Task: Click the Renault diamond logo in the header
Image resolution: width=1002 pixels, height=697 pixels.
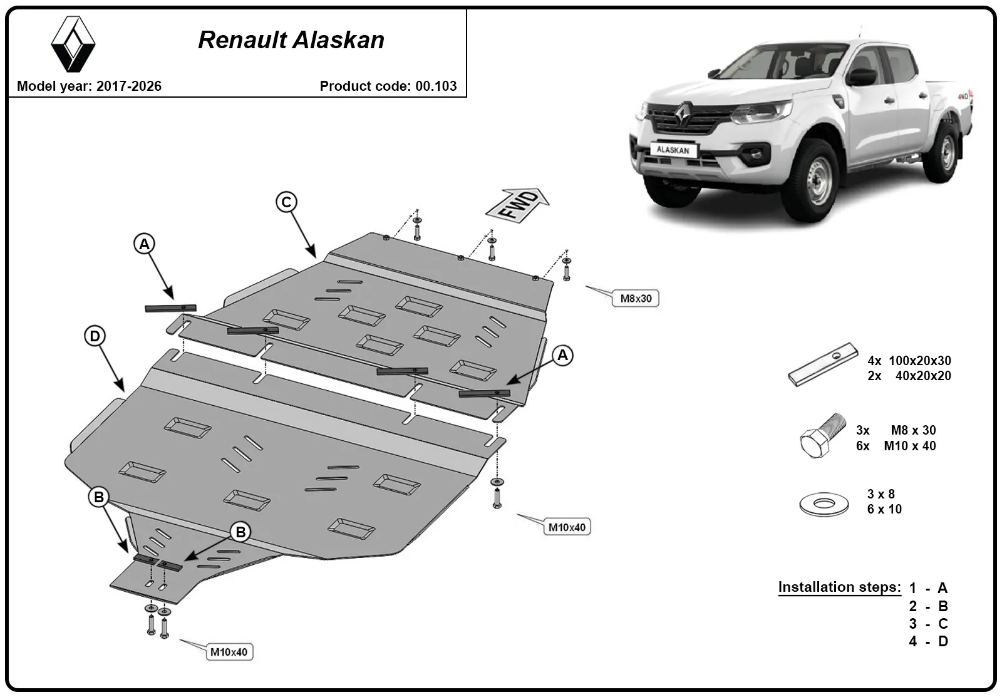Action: tap(73, 44)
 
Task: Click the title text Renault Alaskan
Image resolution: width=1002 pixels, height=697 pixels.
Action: tap(291, 40)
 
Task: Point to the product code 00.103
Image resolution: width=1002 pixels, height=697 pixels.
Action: tap(436, 86)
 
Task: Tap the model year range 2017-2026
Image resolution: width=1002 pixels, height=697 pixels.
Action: tap(129, 86)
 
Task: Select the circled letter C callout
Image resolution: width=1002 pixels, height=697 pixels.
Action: tap(286, 202)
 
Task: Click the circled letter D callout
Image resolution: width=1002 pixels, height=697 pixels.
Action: tap(95, 336)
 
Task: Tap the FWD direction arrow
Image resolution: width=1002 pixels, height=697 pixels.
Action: tap(517, 205)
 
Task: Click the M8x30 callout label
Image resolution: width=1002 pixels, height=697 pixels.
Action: tap(636, 298)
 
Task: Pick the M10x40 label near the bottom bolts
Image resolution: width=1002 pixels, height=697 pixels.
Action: tap(229, 652)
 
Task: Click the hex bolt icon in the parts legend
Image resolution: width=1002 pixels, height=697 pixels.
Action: tap(823, 435)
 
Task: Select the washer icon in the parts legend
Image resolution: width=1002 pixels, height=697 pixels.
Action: tap(824, 504)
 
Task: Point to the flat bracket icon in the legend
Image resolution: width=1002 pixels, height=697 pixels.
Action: tap(823, 364)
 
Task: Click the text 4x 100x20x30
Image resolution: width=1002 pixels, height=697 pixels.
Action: tap(909, 361)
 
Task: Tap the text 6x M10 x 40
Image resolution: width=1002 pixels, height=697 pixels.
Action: tap(896, 446)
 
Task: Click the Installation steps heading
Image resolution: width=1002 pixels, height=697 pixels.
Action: tap(840, 587)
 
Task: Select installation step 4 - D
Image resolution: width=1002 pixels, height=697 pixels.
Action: tap(928, 641)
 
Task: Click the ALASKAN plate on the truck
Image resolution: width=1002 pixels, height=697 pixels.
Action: tap(673, 150)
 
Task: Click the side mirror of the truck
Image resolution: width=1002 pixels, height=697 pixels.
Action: tap(862, 77)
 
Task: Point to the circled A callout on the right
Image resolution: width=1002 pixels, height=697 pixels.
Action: tap(562, 355)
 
